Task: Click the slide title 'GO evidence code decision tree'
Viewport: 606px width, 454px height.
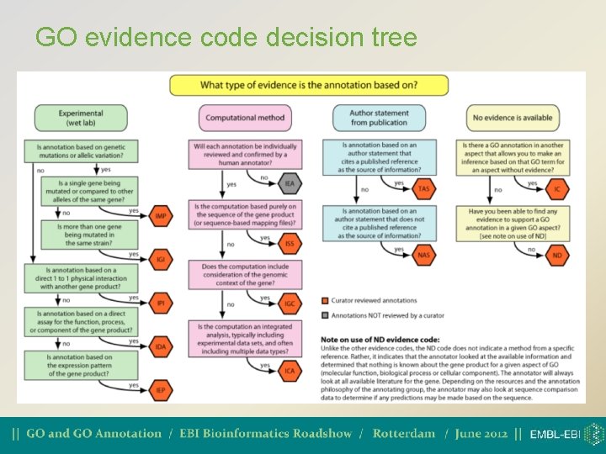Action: click(226, 38)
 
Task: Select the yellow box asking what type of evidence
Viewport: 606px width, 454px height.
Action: click(309, 85)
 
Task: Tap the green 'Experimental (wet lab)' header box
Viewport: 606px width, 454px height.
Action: click(81, 119)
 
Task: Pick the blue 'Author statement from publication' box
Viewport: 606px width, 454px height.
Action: click(380, 119)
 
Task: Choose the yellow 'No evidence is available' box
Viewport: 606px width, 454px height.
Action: click(513, 119)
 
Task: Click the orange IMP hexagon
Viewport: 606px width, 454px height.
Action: click(160, 216)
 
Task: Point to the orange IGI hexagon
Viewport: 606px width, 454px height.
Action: click(160, 260)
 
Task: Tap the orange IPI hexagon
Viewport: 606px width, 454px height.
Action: click(160, 303)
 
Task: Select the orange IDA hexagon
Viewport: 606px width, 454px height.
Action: click(160, 346)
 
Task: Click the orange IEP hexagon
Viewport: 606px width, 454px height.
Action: click(160, 390)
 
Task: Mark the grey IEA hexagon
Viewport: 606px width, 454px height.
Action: click(290, 183)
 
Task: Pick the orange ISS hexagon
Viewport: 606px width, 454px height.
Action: click(290, 244)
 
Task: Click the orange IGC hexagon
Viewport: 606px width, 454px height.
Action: click(290, 304)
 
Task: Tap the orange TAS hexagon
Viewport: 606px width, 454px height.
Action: click(423, 189)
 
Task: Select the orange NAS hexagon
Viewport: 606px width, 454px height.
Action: click(423, 255)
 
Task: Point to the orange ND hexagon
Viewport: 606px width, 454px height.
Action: click(556, 255)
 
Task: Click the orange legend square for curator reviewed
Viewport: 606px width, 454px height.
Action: click(326, 300)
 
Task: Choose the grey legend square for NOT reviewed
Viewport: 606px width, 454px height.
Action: click(326, 316)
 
